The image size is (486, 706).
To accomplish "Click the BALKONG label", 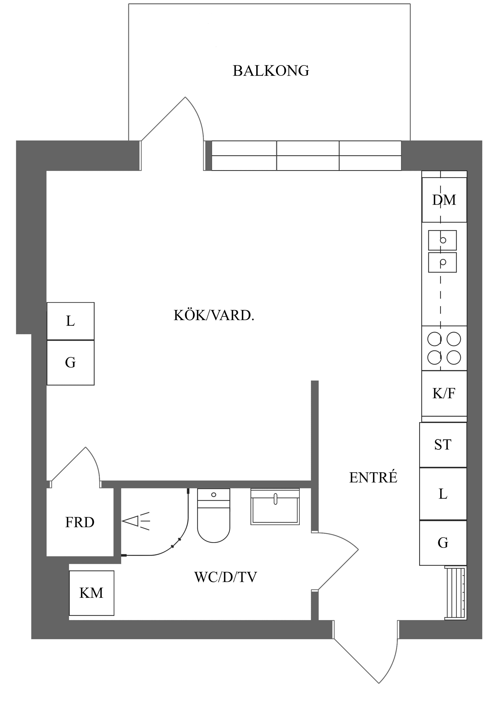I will click(271, 71).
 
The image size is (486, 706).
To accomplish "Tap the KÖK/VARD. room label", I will click(214, 316).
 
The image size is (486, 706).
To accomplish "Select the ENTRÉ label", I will click(373, 477).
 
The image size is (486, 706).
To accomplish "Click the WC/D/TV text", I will click(225, 577).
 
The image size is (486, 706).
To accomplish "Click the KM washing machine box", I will click(91, 593).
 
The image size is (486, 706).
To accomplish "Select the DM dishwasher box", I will click(444, 200).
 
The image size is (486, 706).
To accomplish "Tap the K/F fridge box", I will click(444, 393).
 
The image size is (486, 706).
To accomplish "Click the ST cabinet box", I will click(443, 444).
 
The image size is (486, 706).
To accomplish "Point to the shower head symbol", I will click(135, 521).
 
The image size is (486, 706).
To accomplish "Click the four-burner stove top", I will click(444, 348).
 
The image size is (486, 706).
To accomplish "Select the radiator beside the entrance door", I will click(456, 593).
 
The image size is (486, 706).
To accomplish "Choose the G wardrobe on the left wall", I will click(70, 362).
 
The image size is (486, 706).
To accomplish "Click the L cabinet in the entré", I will click(443, 494).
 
